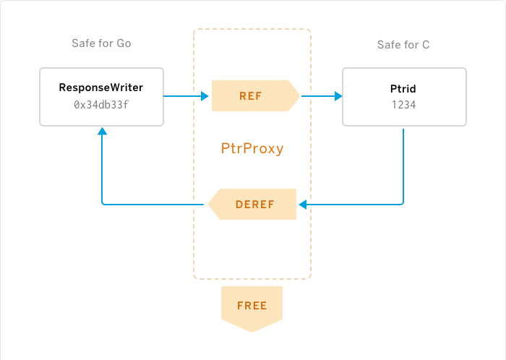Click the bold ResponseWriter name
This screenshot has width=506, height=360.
pos(101,88)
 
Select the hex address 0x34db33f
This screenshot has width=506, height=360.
pos(101,105)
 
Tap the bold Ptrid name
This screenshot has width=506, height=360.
pos(403,88)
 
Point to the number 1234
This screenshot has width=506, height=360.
pos(403,105)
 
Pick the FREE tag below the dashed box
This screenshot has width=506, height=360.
pos(252,306)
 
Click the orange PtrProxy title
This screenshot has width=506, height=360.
pos(252,149)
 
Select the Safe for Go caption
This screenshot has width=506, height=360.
pos(101,43)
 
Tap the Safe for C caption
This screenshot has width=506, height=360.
pos(403,45)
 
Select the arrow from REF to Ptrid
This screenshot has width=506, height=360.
pos(321,95)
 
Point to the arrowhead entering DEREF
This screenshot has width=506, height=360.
pos(302,205)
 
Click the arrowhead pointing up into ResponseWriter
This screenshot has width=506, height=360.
pos(102,132)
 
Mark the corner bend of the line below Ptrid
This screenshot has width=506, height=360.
pos(402,203)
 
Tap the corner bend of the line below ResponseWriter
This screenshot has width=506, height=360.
pos(103,203)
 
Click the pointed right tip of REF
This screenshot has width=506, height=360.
pos(299,95)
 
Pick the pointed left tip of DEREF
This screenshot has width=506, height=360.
pos(210,204)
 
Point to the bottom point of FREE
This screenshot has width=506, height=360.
pos(252,331)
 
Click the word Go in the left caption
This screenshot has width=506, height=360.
pos(124,43)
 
